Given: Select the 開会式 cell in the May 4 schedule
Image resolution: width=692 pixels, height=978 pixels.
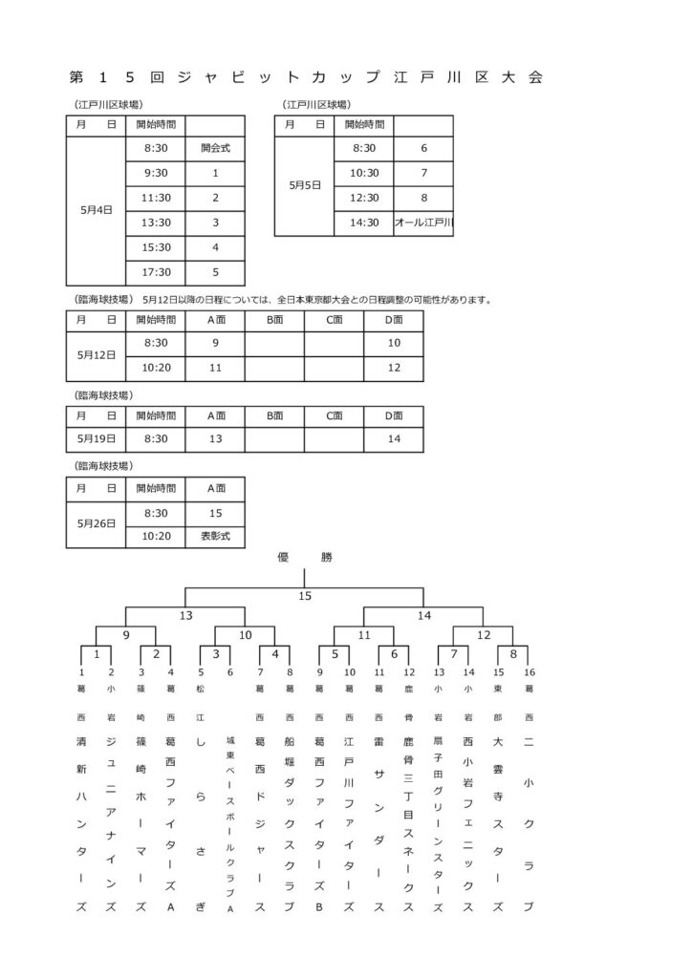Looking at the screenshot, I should (x=216, y=148).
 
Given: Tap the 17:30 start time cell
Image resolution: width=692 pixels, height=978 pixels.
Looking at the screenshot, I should (x=156, y=271).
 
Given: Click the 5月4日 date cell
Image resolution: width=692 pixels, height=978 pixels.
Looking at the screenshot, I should (x=97, y=210).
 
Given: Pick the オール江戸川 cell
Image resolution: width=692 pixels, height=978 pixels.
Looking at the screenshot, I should (x=423, y=223).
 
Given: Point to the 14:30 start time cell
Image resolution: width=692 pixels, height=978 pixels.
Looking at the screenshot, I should (x=364, y=223).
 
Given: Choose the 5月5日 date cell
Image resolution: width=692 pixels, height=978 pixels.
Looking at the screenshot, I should (x=305, y=185).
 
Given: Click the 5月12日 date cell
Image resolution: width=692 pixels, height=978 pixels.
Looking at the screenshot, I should (x=97, y=353).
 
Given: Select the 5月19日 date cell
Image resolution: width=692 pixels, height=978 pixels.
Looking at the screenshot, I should (x=97, y=438).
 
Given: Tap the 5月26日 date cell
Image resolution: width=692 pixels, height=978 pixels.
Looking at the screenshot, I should (x=97, y=523).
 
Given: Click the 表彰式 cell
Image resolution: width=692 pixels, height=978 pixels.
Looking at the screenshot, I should (x=216, y=537).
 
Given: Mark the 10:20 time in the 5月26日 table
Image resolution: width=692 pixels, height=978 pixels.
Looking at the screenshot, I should (x=156, y=537).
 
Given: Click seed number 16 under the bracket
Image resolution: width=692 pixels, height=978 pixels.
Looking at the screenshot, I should (x=529, y=672).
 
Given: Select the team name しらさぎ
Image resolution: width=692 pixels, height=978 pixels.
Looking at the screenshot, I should (x=201, y=821).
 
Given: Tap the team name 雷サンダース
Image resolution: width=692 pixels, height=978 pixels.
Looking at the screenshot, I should (x=379, y=821).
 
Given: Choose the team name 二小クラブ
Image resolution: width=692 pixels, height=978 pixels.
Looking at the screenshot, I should (x=529, y=821).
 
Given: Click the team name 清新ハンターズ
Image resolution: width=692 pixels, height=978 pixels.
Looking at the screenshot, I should (x=81, y=821).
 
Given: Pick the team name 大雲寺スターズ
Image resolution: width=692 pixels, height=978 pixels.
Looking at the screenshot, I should (x=498, y=821).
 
